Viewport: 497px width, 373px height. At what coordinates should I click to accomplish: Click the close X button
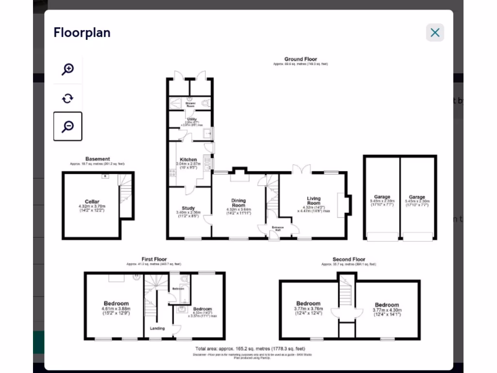point(435,33)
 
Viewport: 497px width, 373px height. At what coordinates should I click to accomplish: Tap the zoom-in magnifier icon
point(67,69)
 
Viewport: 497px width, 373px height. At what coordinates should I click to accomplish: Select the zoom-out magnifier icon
point(67,126)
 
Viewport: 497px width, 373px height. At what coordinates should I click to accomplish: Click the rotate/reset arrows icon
point(67,99)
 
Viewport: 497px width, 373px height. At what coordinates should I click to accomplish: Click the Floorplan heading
point(82,33)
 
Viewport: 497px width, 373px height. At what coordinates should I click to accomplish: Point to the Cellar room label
point(92,202)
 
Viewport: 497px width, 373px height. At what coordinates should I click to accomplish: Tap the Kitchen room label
point(188,159)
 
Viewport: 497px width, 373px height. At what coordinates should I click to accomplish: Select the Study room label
point(188,208)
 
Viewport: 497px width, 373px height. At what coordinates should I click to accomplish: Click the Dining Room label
point(238,203)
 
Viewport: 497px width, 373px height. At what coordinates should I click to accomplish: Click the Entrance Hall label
point(278,228)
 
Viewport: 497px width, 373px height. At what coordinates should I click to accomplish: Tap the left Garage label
point(381,197)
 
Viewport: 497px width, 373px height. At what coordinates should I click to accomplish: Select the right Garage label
point(417,197)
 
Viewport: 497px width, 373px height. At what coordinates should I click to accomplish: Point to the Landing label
point(157,328)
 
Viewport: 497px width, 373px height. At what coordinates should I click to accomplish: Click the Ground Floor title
point(300,59)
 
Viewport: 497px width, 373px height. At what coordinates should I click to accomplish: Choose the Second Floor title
point(348,259)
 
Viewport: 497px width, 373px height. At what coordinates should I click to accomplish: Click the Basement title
point(98,159)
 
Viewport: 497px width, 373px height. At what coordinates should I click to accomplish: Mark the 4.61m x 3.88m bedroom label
point(116,304)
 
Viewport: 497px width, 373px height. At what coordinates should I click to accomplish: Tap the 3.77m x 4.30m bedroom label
point(387,305)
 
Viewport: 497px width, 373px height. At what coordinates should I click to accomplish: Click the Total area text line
point(250,348)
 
